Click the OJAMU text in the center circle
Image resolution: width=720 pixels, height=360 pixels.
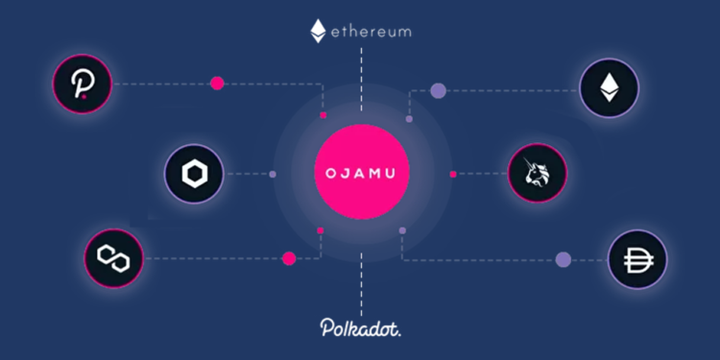361,174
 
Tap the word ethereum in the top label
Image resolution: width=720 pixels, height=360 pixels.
372,31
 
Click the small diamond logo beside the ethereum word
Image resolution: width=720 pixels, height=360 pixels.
317,31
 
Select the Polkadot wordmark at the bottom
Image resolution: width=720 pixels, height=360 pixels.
360,327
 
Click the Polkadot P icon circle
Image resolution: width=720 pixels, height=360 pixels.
83,84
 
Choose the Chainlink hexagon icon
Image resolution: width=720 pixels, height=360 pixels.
193,174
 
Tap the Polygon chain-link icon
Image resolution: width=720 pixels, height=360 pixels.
113,258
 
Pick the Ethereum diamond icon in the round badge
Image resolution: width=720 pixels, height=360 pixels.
609,89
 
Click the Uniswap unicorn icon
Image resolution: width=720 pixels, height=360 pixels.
538,174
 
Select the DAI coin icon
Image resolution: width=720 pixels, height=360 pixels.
636,260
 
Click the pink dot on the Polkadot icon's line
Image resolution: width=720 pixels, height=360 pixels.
217,84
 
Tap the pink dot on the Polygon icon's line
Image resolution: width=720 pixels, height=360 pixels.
288,258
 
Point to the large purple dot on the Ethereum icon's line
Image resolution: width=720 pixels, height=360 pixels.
439,91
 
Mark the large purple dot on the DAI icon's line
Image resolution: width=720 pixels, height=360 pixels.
564,259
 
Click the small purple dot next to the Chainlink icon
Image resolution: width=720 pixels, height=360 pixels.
273,174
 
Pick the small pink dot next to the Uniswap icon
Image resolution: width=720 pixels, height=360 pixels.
452,174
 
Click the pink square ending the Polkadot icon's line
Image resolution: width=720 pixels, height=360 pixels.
324,115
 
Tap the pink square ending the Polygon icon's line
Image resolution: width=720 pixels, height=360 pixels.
320,230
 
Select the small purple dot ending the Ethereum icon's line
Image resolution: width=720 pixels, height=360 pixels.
409,119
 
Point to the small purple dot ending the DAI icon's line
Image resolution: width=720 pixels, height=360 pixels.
402,230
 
